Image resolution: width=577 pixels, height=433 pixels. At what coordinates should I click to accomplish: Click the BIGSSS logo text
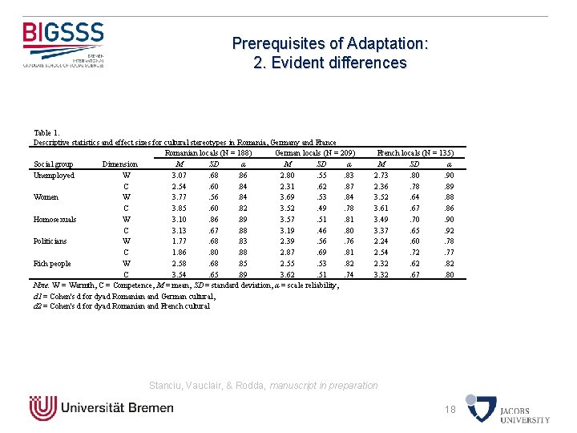tap(63, 34)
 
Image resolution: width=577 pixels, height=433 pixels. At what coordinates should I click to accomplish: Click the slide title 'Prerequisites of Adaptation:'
tap(329, 44)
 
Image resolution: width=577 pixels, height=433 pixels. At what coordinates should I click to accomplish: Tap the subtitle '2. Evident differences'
tap(329, 63)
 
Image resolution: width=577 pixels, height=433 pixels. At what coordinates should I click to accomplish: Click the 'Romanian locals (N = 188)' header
tap(208, 152)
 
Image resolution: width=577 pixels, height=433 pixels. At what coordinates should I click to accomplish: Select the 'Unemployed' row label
tap(54, 176)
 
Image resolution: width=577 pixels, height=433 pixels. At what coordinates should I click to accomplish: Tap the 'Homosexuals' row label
tap(55, 219)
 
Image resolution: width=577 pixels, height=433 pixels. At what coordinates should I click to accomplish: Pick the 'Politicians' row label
tap(50, 241)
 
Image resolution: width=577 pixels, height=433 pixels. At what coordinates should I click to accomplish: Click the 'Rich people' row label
tap(52, 263)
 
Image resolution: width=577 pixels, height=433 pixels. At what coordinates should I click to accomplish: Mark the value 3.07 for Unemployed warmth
tap(180, 176)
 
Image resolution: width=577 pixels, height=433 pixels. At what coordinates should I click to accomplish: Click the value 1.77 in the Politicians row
tap(180, 241)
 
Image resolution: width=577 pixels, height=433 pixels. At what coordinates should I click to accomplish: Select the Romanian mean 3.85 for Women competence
tap(180, 208)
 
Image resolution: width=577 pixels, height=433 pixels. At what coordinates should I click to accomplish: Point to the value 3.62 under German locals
tap(287, 273)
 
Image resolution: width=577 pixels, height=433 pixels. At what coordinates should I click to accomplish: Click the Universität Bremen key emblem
tap(42, 407)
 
